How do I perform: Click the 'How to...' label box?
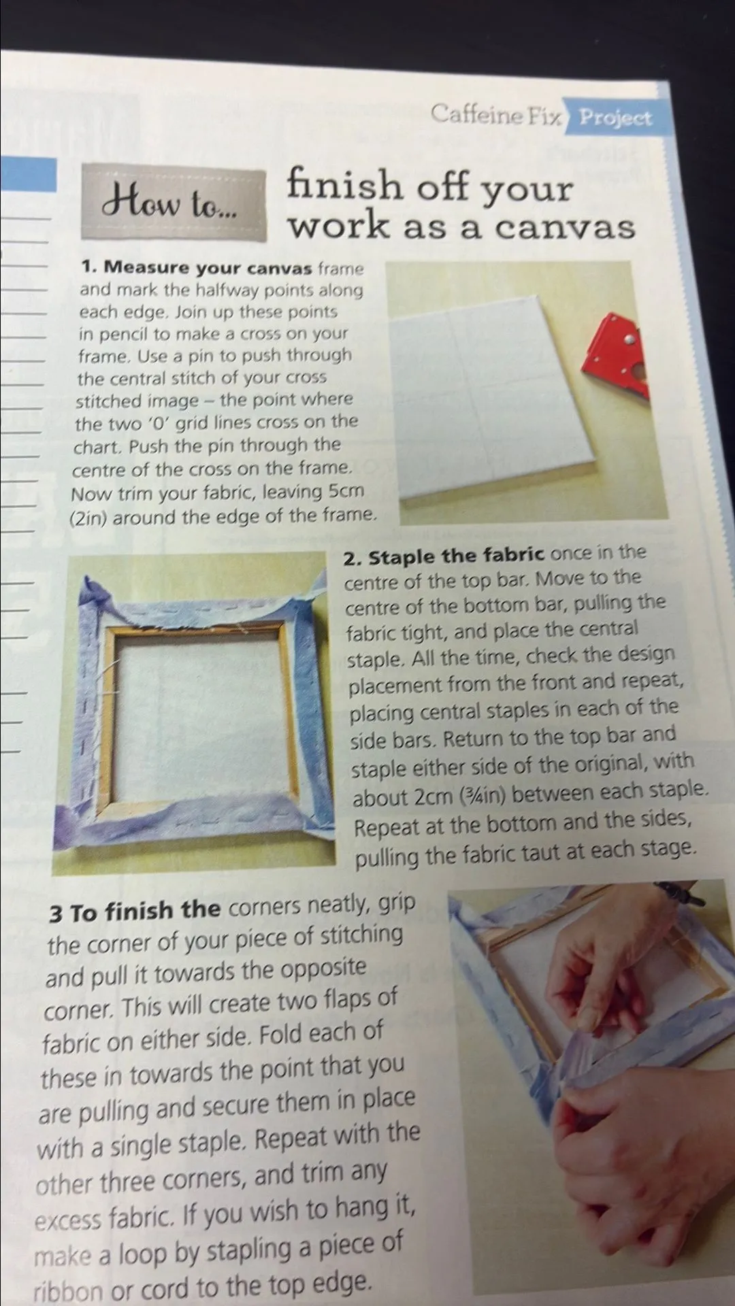[x=174, y=204]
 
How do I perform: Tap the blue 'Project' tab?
[x=615, y=118]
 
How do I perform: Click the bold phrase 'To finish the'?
[x=146, y=911]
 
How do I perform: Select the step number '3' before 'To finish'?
[x=55, y=914]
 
